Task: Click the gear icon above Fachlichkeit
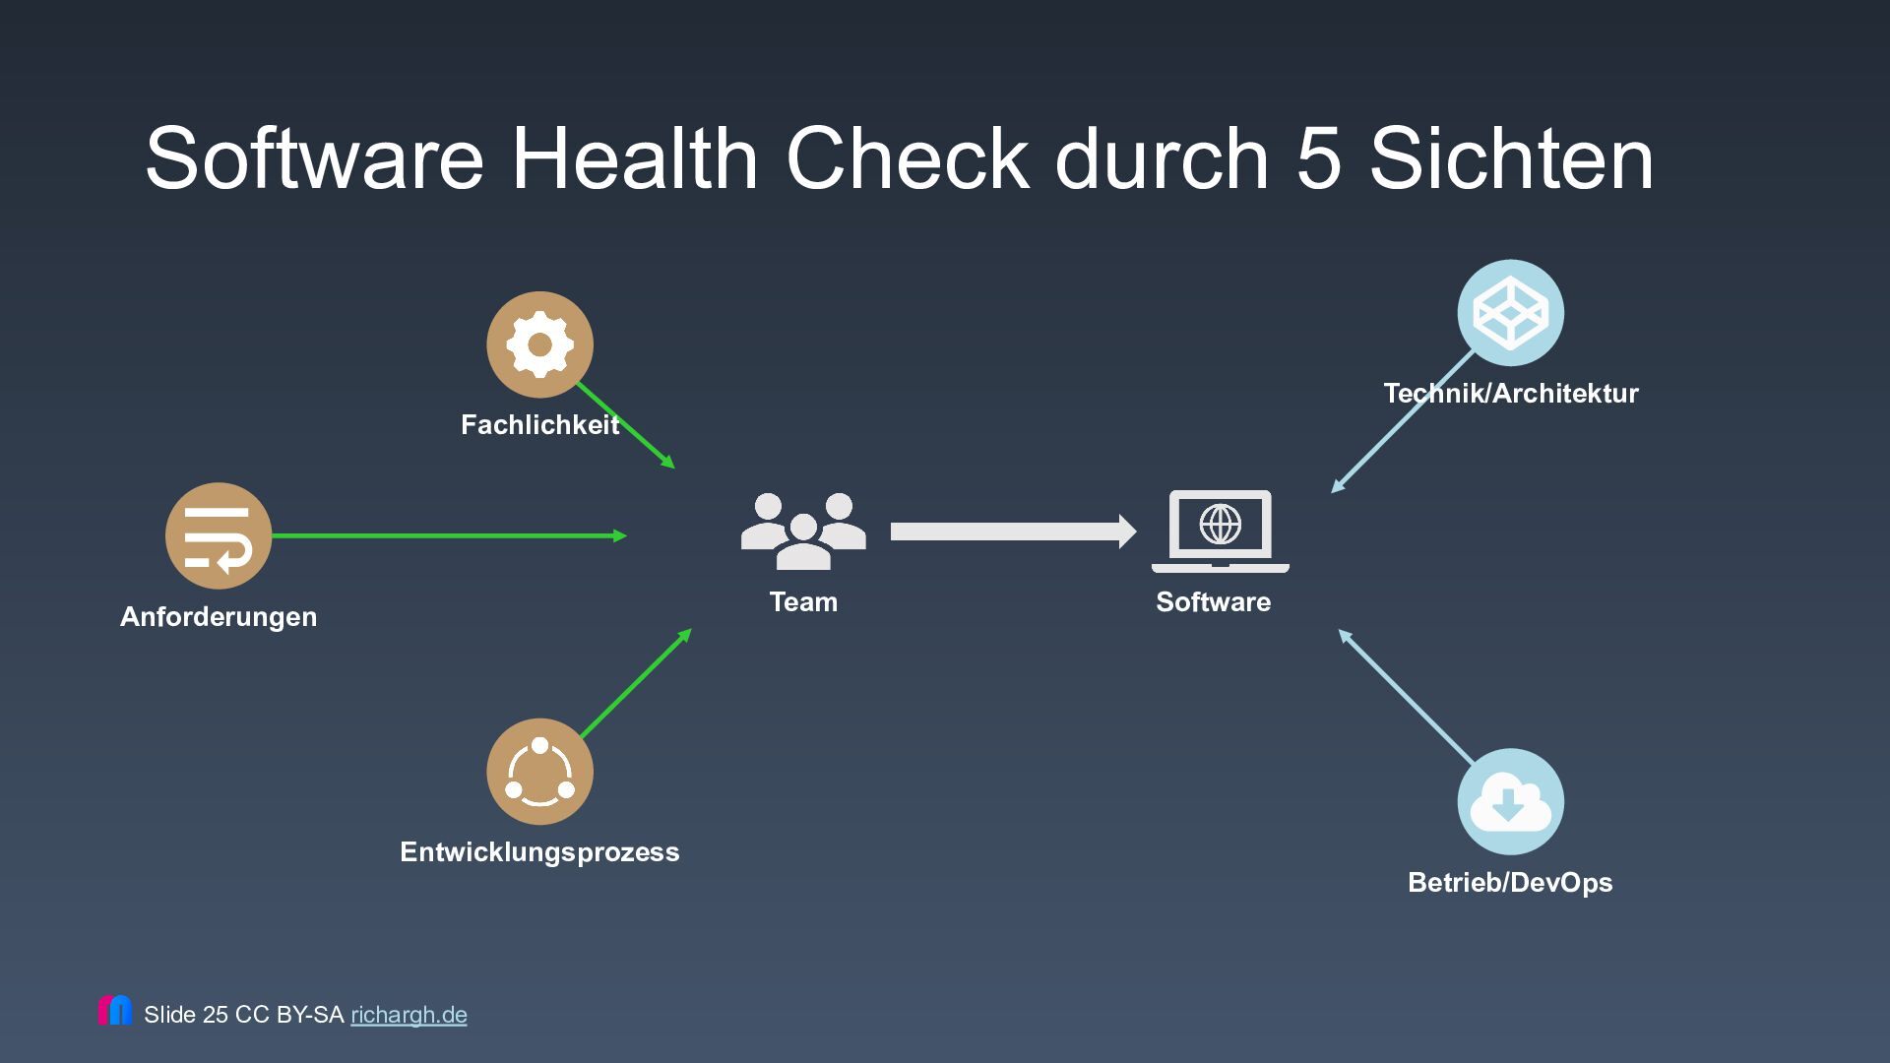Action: [x=539, y=344]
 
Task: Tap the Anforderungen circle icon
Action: [x=218, y=536]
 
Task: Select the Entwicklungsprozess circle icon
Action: [x=539, y=772]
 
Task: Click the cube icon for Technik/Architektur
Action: [x=1510, y=313]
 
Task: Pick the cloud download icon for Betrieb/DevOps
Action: [x=1510, y=801]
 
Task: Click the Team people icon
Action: [x=803, y=531]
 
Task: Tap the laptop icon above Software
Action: [x=1220, y=531]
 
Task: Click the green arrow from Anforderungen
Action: [x=448, y=536]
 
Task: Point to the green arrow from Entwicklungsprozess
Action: [x=636, y=683]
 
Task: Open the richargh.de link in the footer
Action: [x=409, y=1015]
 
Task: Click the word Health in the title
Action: [x=634, y=159]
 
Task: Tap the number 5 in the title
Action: [x=1318, y=159]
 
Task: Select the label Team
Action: [x=803, y=601]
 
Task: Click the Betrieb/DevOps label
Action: [x=1510, y=882]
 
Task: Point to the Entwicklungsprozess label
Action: [x=539, y=851]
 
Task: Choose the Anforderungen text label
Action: [x=219, y=617]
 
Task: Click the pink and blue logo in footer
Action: [x=114, y=1011]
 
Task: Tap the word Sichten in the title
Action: [x=1511, y=159]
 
